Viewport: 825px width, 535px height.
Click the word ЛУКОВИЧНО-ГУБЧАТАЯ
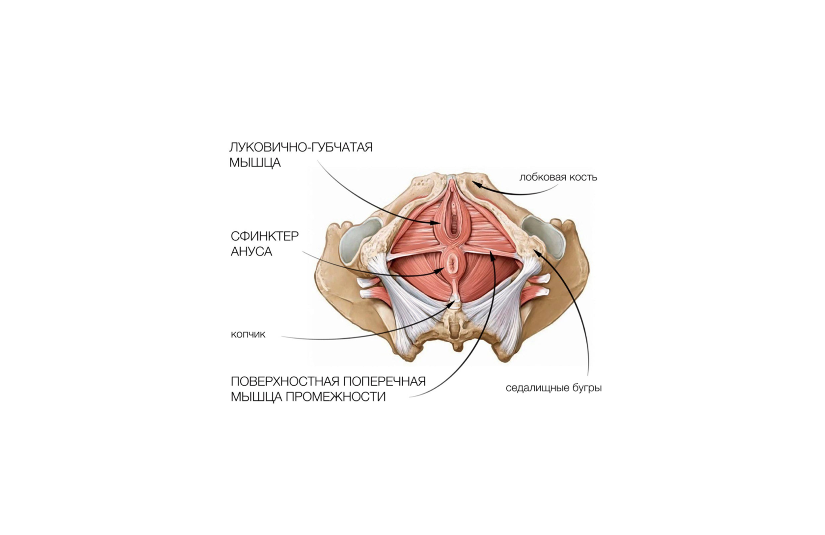point(301,147)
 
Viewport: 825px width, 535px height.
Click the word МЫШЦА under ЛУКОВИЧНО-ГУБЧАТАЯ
point(255,163)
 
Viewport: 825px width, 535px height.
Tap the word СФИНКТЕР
point(265,236)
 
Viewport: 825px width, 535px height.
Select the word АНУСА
point(251,252)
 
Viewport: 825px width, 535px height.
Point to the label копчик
point(248,335)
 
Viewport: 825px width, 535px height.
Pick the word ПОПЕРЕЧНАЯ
point(384,382)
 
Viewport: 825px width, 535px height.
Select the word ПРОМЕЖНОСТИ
point(335,397)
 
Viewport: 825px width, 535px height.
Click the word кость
point(583,177)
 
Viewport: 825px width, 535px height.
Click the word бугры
point(587,388)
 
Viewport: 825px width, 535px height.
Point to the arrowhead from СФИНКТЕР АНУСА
point(440,270)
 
